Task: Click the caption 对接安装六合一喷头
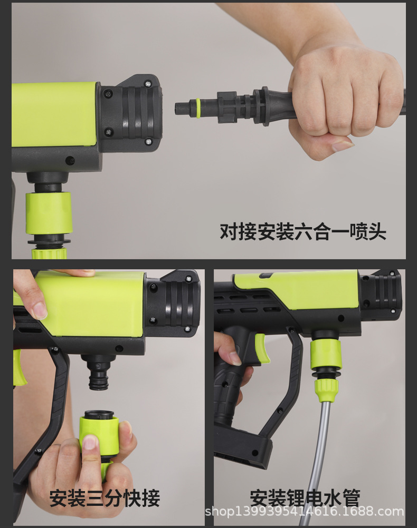click(303, 232)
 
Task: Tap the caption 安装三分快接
click(105, 497)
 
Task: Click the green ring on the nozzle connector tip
click(198, 107)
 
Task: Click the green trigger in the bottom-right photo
click(262, 348)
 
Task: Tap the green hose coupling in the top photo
click(49, 213)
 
